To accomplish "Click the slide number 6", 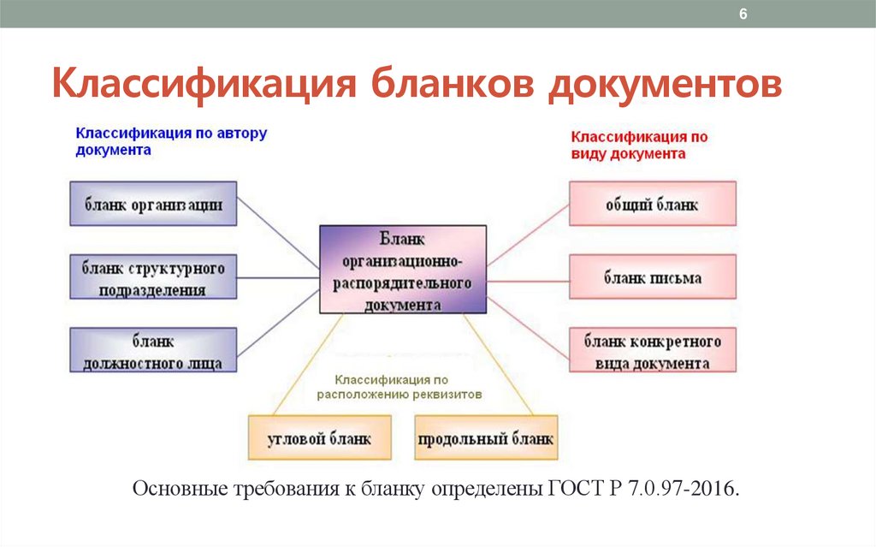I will (x=743, y=15).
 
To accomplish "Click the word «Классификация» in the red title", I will (x=203, y=87).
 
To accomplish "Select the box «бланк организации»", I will (x=153, y=205).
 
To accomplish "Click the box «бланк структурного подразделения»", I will (x=153, y=278).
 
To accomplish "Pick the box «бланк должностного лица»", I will (x=153, y=351).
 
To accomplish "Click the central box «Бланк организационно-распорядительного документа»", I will (x=403, y=270).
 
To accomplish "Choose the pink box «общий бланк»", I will (x=652, y=205).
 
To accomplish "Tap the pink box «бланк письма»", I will (x=652, y=278).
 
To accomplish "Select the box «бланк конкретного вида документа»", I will (x=652, y=351).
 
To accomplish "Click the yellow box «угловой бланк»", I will (x=319, y=439).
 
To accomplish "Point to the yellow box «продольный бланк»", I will (x=486, y=439).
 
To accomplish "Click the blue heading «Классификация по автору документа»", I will (x=171, y=141).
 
